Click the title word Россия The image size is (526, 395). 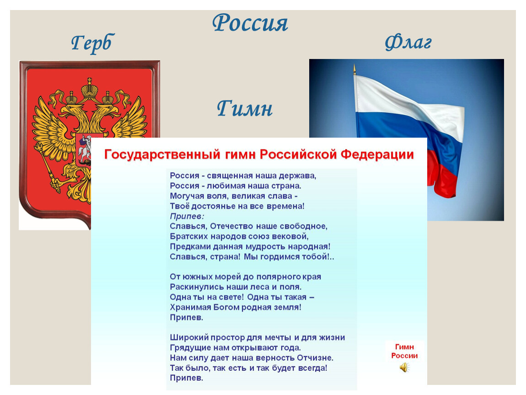pos(250,23)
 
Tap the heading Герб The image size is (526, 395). pos(92,43)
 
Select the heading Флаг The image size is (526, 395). pos(408,43)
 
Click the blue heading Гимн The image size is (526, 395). pos(245,108)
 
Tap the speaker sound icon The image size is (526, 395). pos(405,368)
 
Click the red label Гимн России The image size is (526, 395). pos(404,351)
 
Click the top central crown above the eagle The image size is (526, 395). pos(90,88)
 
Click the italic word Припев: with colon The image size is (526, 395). pos(187,216)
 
